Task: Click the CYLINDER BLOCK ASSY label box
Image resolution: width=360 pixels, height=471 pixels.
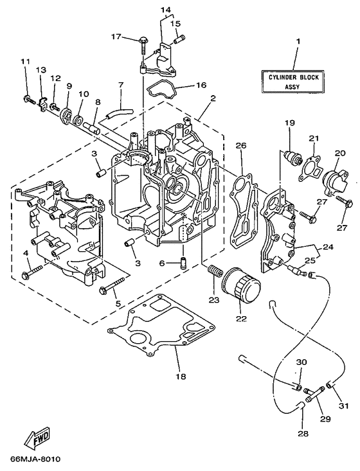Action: pyautogui.click(x=298, y=82)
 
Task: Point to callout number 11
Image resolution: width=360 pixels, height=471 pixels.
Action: pyautogui.click(x=25, y=62)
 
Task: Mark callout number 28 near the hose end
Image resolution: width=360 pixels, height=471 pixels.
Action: pyautogui.click(x=303, y=433)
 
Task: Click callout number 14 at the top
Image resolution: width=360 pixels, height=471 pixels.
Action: pyautogui.click(x=165, y=10)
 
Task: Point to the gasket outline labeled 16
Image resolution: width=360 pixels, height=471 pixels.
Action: pyautogui.click(x=160, y=89)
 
